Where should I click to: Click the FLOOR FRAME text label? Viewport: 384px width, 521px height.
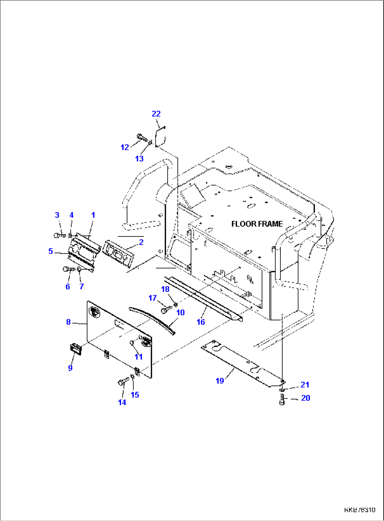(x=257, y=224)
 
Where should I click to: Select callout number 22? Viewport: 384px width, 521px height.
(x=156, y=114)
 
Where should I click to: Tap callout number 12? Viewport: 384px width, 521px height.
(x=125, y=147)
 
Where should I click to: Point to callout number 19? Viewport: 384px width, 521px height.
(x=220, y=381)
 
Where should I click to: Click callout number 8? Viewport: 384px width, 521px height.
(x=68, y=322)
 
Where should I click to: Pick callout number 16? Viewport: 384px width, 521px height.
(x=200, y=322)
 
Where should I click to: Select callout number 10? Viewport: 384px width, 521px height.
(x=180, y=312)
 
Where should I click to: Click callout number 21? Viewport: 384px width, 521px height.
(x=305, y=384)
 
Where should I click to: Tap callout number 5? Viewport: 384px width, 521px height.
(x=51, y=251)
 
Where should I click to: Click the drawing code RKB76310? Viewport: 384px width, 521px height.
(x=359, y=510)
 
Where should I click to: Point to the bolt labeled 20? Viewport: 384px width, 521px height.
(x=282, y=400)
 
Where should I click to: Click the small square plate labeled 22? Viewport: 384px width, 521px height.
(x=160, y=137)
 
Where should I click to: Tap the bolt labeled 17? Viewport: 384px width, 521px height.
(x=165, y=310)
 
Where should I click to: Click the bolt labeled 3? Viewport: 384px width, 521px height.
(x=58, y=235)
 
